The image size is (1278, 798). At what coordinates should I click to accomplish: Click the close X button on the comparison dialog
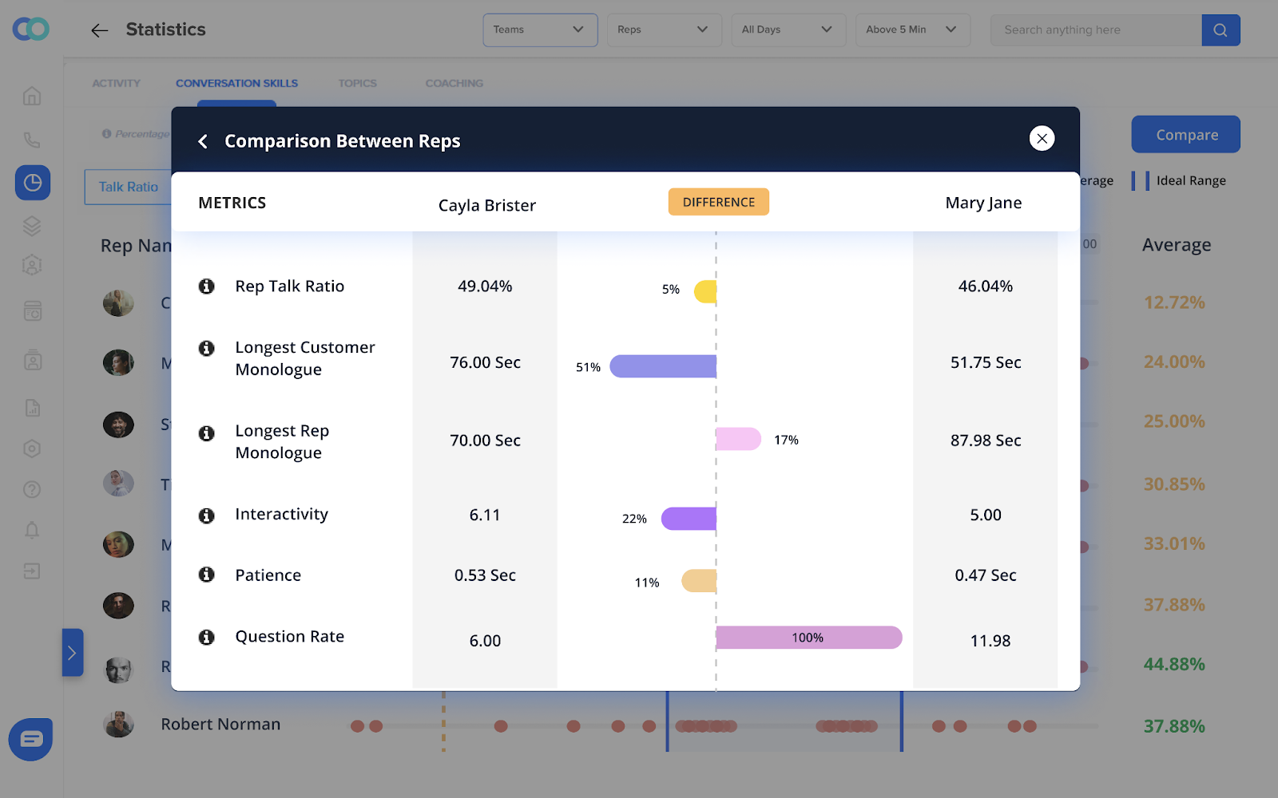point(1042,138)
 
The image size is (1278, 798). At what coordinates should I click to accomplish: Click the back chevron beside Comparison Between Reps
point(203,141)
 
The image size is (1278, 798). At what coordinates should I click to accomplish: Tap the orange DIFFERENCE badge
point(718,202)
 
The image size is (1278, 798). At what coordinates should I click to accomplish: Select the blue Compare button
point(1185,134)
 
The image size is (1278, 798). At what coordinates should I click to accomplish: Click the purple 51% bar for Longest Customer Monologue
point(663,366)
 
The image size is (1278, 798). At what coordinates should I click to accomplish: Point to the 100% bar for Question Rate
point(808,638)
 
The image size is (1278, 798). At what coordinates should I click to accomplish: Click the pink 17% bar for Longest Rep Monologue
point(738,439)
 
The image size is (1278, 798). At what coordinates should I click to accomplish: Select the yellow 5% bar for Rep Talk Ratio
point(706,291)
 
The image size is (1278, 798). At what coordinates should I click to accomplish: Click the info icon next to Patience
point(207,575)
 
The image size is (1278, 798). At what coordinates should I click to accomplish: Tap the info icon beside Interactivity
point(207,516)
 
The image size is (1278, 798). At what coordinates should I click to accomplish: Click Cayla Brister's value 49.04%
point(485,286)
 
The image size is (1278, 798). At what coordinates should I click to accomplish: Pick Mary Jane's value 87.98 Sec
point(985,440)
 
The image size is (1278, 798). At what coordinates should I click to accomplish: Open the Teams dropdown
point(540,30)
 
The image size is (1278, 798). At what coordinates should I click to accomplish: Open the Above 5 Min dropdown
point(912,30)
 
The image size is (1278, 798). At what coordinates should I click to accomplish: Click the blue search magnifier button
point(1220,30)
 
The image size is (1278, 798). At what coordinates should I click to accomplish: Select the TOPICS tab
point(357,83)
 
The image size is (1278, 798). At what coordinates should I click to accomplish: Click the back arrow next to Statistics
point(99,30)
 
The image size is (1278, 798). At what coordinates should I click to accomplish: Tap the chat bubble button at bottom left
point(31,739)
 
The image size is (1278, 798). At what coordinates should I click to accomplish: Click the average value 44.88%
point(1173,664)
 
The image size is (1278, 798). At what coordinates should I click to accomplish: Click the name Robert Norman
point(220,725)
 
